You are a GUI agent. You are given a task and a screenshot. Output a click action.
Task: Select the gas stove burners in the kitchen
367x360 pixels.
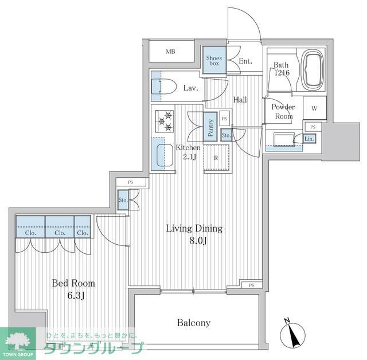click(x=164, y=121)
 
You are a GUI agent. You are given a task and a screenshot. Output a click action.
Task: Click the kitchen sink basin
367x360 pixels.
click(x=165, y=154)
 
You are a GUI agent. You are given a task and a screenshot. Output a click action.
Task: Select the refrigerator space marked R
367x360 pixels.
click(x=216, y=158)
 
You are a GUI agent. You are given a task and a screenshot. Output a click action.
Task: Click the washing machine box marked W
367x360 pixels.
click(x=315, y=108)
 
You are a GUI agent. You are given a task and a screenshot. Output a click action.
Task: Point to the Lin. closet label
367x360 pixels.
click(x=309, y=139)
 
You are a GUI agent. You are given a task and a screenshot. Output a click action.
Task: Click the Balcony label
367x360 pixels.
click(x=193, y=323)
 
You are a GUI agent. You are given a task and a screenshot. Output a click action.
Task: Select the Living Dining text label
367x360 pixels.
click(x=194, y=228)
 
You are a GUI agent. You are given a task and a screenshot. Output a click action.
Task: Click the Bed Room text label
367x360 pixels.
click(x=73, y=283)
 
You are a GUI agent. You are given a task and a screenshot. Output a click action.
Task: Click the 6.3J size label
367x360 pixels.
click(x=73, y=296)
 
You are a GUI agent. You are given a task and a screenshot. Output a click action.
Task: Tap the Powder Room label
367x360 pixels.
click(x=283, y=111)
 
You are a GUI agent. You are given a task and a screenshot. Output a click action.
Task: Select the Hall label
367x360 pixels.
click(x=240, y=100)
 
